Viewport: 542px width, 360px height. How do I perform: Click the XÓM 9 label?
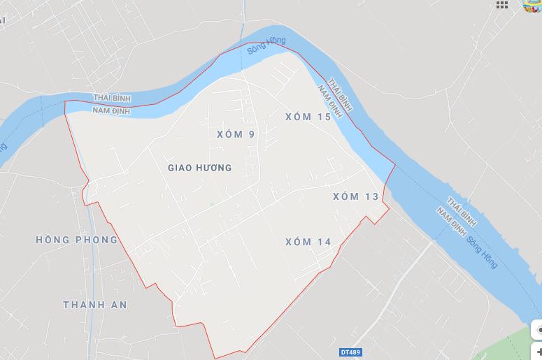tap(236, 134)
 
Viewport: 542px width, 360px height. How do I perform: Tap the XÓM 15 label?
tap(308, 117)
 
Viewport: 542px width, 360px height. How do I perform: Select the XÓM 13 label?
tap(356, 196)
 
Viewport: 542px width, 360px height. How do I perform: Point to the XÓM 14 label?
tap(308, 242)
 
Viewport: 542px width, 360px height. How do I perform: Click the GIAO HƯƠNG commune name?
tap(200, 168)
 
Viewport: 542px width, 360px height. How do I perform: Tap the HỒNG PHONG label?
tap(77, 240)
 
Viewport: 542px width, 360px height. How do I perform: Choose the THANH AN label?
tap(95, 305)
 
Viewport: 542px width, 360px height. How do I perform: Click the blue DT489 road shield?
tap(352, 352)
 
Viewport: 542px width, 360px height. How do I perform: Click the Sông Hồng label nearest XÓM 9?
tap(266, 45)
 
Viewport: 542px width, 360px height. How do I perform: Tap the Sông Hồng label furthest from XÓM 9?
tap(483, 252)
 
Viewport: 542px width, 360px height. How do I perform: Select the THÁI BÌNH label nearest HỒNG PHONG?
tap(112, 99)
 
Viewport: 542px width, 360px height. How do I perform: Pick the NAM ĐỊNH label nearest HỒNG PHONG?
tap(110, 110)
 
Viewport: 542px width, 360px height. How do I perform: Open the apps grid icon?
tap(502, 4)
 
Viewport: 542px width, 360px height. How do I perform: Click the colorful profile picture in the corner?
tap(534, 5)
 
